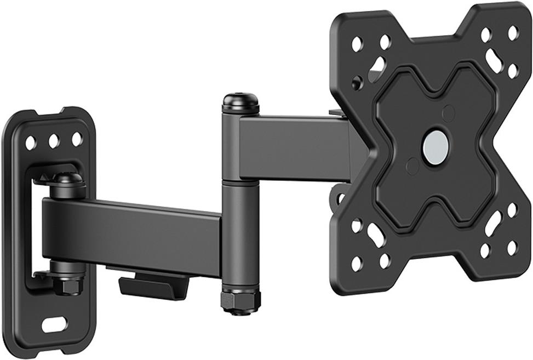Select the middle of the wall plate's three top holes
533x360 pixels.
point(54,141)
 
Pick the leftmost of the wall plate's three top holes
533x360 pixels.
point(31,143)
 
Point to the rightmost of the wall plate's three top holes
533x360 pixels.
point(77,139)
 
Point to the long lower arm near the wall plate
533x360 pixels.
point(131,230)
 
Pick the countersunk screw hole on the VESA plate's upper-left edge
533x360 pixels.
point(357,84)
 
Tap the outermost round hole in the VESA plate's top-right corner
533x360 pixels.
point(513,33)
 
